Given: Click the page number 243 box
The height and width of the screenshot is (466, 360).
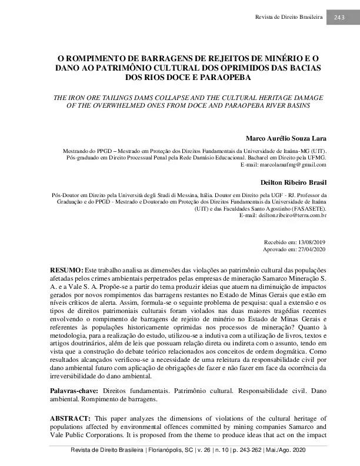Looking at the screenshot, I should click(x=339, y=17).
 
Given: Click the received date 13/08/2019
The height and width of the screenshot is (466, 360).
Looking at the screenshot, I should click(x=310, y=242).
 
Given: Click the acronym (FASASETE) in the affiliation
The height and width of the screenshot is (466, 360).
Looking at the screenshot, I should click(x=308, y=208).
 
